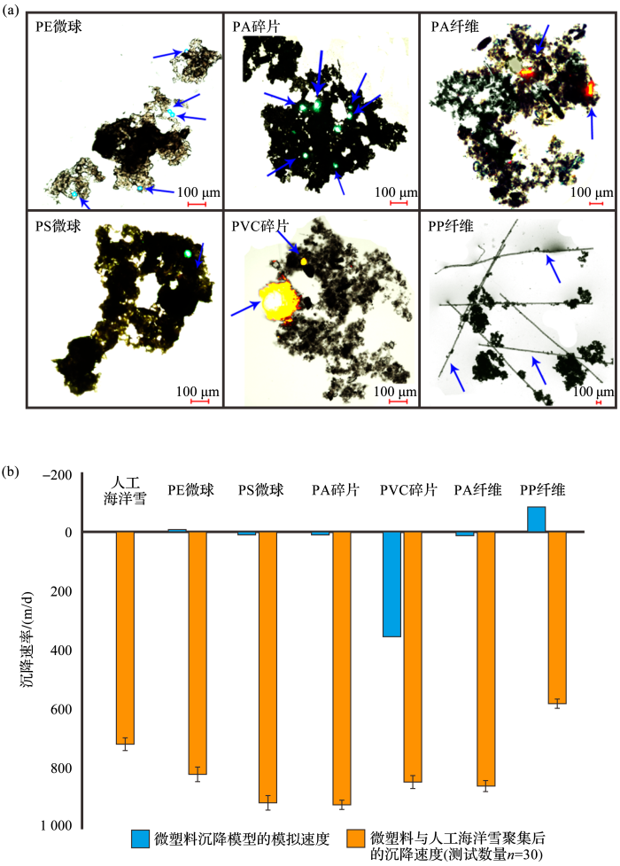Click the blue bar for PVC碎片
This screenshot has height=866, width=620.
[x=391, y=584]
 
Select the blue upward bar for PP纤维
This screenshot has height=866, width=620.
[x=536, y=519]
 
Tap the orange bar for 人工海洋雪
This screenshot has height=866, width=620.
[x=125, y=637]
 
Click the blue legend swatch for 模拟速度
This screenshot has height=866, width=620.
[x=141, y=839]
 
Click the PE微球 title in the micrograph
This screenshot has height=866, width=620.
[x=59, y=27]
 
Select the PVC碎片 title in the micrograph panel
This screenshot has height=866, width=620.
[x=260, y=224]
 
